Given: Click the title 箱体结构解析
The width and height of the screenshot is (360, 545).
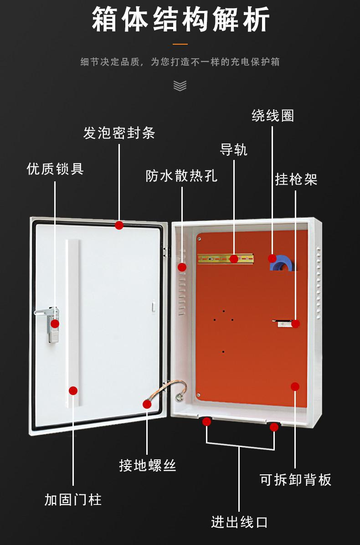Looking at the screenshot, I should click(x=180, y=20).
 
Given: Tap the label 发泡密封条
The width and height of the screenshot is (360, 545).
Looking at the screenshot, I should click(x=119, y=133).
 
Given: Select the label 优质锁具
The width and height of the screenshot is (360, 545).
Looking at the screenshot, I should click(x=55, y=169).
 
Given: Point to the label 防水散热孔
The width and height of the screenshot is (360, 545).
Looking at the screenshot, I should click(x=181, y=176).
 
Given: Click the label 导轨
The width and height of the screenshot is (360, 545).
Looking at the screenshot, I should click(x=233, y=149).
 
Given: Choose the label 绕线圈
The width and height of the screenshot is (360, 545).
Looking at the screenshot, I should click(x=273, y=116).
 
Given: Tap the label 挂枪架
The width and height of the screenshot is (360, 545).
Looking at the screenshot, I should click(x=296, y=179).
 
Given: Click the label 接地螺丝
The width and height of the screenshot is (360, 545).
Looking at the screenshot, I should click(x=147, y=465).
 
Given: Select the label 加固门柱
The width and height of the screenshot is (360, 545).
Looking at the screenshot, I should click(x=73, y=500).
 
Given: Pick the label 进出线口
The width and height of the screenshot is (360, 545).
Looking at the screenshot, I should click(x=239, y=522).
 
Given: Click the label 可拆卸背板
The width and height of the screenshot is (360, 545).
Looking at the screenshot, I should click(x=295, y=479).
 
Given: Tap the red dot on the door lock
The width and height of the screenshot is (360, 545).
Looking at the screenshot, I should click(x=55, y=324).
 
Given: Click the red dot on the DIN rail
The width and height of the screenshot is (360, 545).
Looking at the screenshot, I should click(x=234, y=259).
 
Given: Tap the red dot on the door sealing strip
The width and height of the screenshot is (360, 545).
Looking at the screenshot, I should click(x=119, y=225).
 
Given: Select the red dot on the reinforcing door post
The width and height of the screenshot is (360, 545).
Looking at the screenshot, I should click(x=73, y=391).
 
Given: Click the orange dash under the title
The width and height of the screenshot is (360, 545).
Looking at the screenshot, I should click(x=180, y=44).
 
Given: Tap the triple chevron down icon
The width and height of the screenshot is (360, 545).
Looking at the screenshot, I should click(x=180, y=85).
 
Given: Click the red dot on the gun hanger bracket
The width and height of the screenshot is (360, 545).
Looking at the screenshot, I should click(x=295, y=324).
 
